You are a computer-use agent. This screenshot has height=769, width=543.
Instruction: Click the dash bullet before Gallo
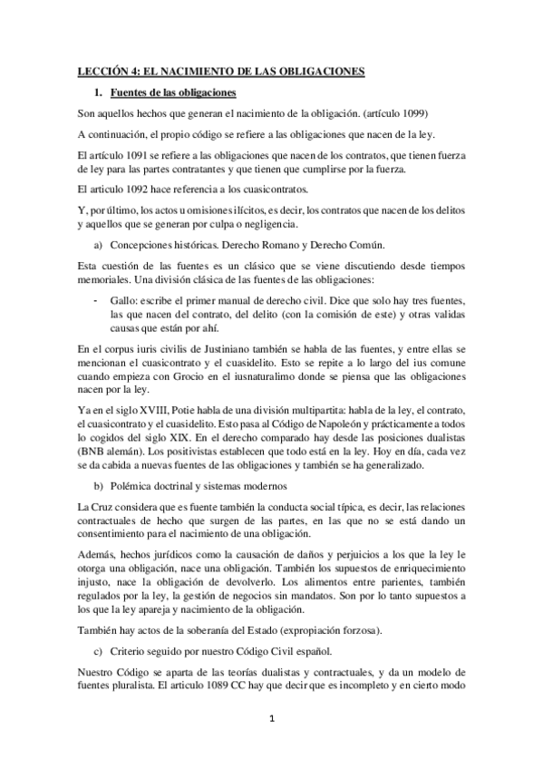click(x=96, y=299)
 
